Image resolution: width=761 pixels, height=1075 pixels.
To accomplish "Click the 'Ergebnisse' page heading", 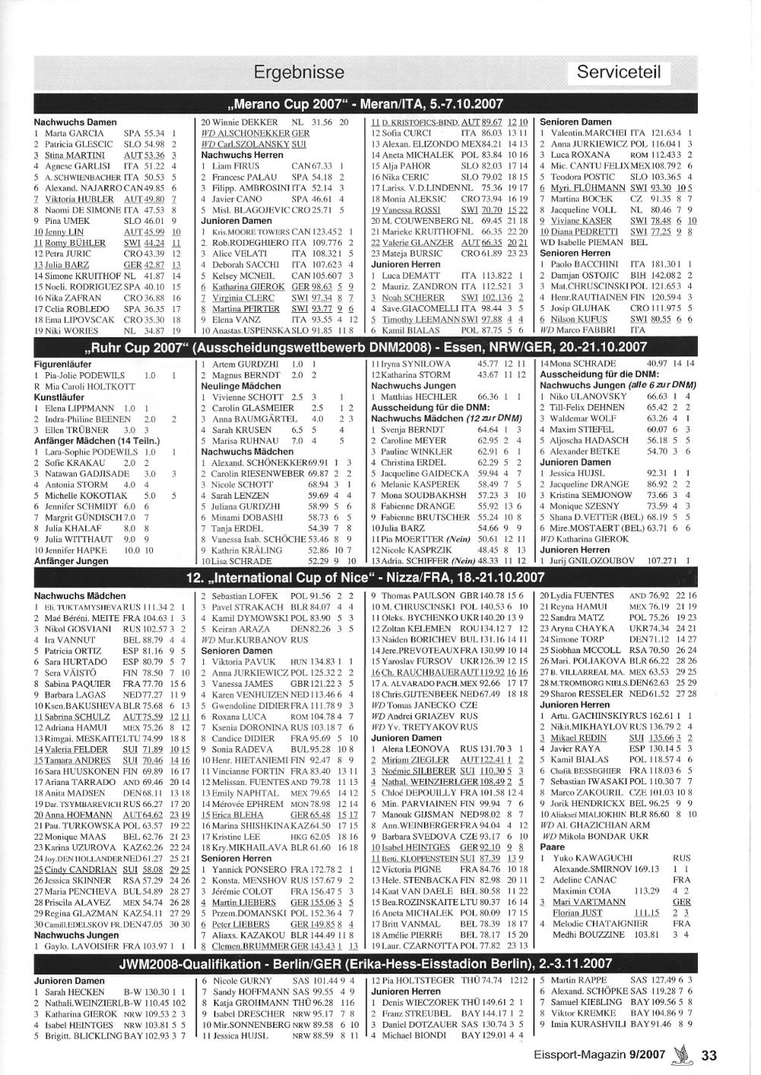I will click(x=298, y=72).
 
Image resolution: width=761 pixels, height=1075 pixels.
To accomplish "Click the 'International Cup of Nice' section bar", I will click(x=365, y=577).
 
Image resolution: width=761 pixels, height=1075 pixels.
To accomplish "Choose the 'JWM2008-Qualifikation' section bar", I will click(x=365, y=964).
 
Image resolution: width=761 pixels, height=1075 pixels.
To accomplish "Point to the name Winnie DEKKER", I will click(x=244, y=123).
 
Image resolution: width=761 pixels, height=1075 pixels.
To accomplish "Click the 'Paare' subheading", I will click(x=552, y=846).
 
